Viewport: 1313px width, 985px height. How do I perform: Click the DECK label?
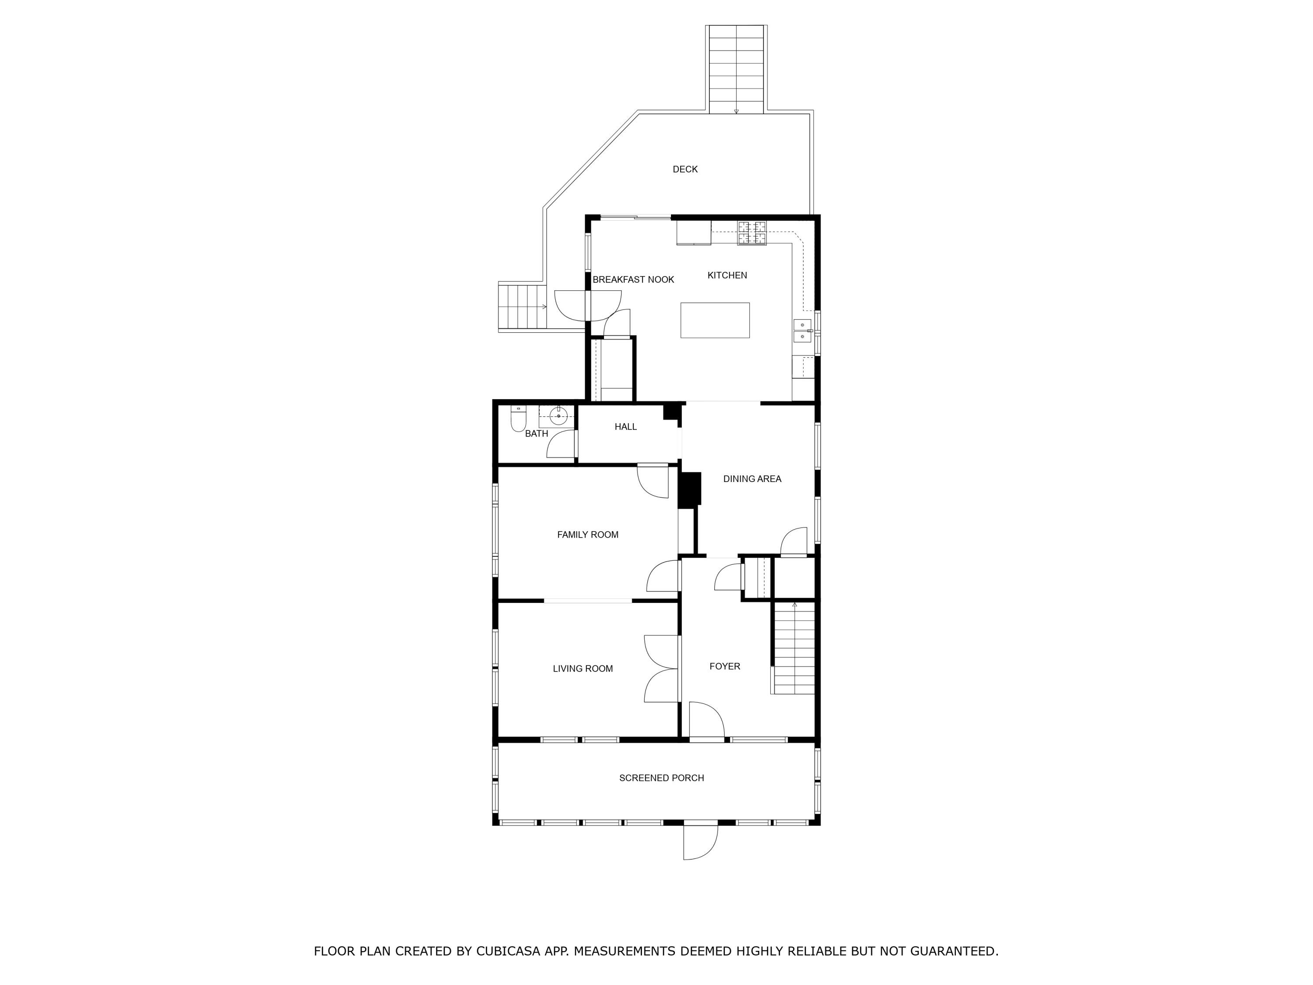click(685, 169)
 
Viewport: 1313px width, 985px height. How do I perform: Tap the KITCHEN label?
click(727, 275)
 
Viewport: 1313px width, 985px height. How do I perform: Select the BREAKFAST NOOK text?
click(633, 280)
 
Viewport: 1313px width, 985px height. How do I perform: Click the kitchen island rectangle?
click(715, 320)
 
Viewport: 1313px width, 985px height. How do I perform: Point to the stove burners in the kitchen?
click(752, 233)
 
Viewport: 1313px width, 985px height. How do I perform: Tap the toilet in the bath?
click(518, 419)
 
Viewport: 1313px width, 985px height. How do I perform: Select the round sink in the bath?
click(558, 416)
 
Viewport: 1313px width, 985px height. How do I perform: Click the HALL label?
click(625, 426)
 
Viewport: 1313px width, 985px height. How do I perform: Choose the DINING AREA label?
click(752, 478)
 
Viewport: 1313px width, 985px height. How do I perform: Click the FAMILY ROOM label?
click(588, 535)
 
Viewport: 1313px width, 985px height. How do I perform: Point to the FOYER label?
click(725, 666)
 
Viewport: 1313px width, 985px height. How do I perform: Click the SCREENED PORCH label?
click(661, 778)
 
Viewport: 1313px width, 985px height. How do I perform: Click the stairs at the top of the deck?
click(736, 70)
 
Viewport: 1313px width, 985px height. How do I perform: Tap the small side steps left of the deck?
click(522, 306)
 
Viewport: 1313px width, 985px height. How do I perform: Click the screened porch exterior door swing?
click(700, 841)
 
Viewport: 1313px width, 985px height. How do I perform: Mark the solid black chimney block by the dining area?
click(690, 490)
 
